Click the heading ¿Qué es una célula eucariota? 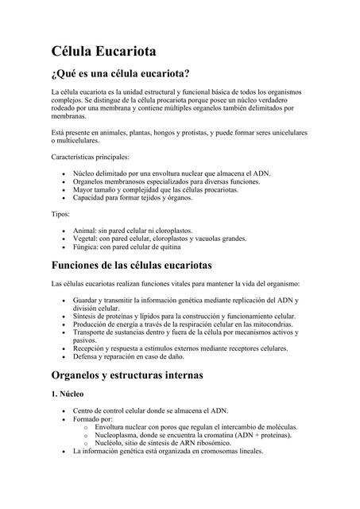tap(119, 76)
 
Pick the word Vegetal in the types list tap(85, 238)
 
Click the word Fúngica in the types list tap(86, 247)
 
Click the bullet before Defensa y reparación tap(64, 357)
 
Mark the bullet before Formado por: tap(64, 419)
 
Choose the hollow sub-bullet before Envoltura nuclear tap(85, 427)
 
